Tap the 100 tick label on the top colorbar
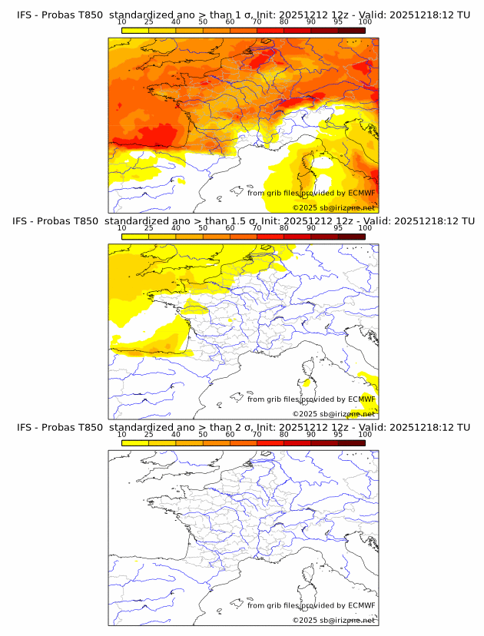coord(365,22)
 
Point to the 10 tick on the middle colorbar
coord(121,228)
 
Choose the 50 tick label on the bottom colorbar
coord(203,434)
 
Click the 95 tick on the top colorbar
coord(338,22)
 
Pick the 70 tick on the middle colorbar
coord(257,228)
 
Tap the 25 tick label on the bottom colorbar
coord(148,434)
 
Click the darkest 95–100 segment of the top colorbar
coord(351,30)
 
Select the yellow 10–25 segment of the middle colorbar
coord(135,237)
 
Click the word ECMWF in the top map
coord(361,193)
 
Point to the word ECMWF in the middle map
coord(361,399)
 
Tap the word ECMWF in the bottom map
coord(361,605)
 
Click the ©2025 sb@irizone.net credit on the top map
coord(333,208)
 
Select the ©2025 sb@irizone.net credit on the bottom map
coord(333,620)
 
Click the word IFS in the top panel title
coord(25,15)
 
